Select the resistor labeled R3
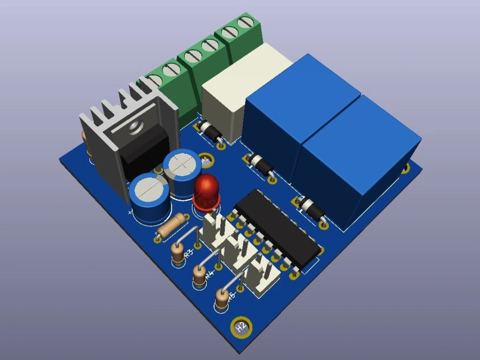tap(178, 252)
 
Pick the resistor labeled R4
tap(199, 276)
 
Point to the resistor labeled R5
tap(222, 299)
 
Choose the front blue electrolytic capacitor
tap(149, 197)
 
